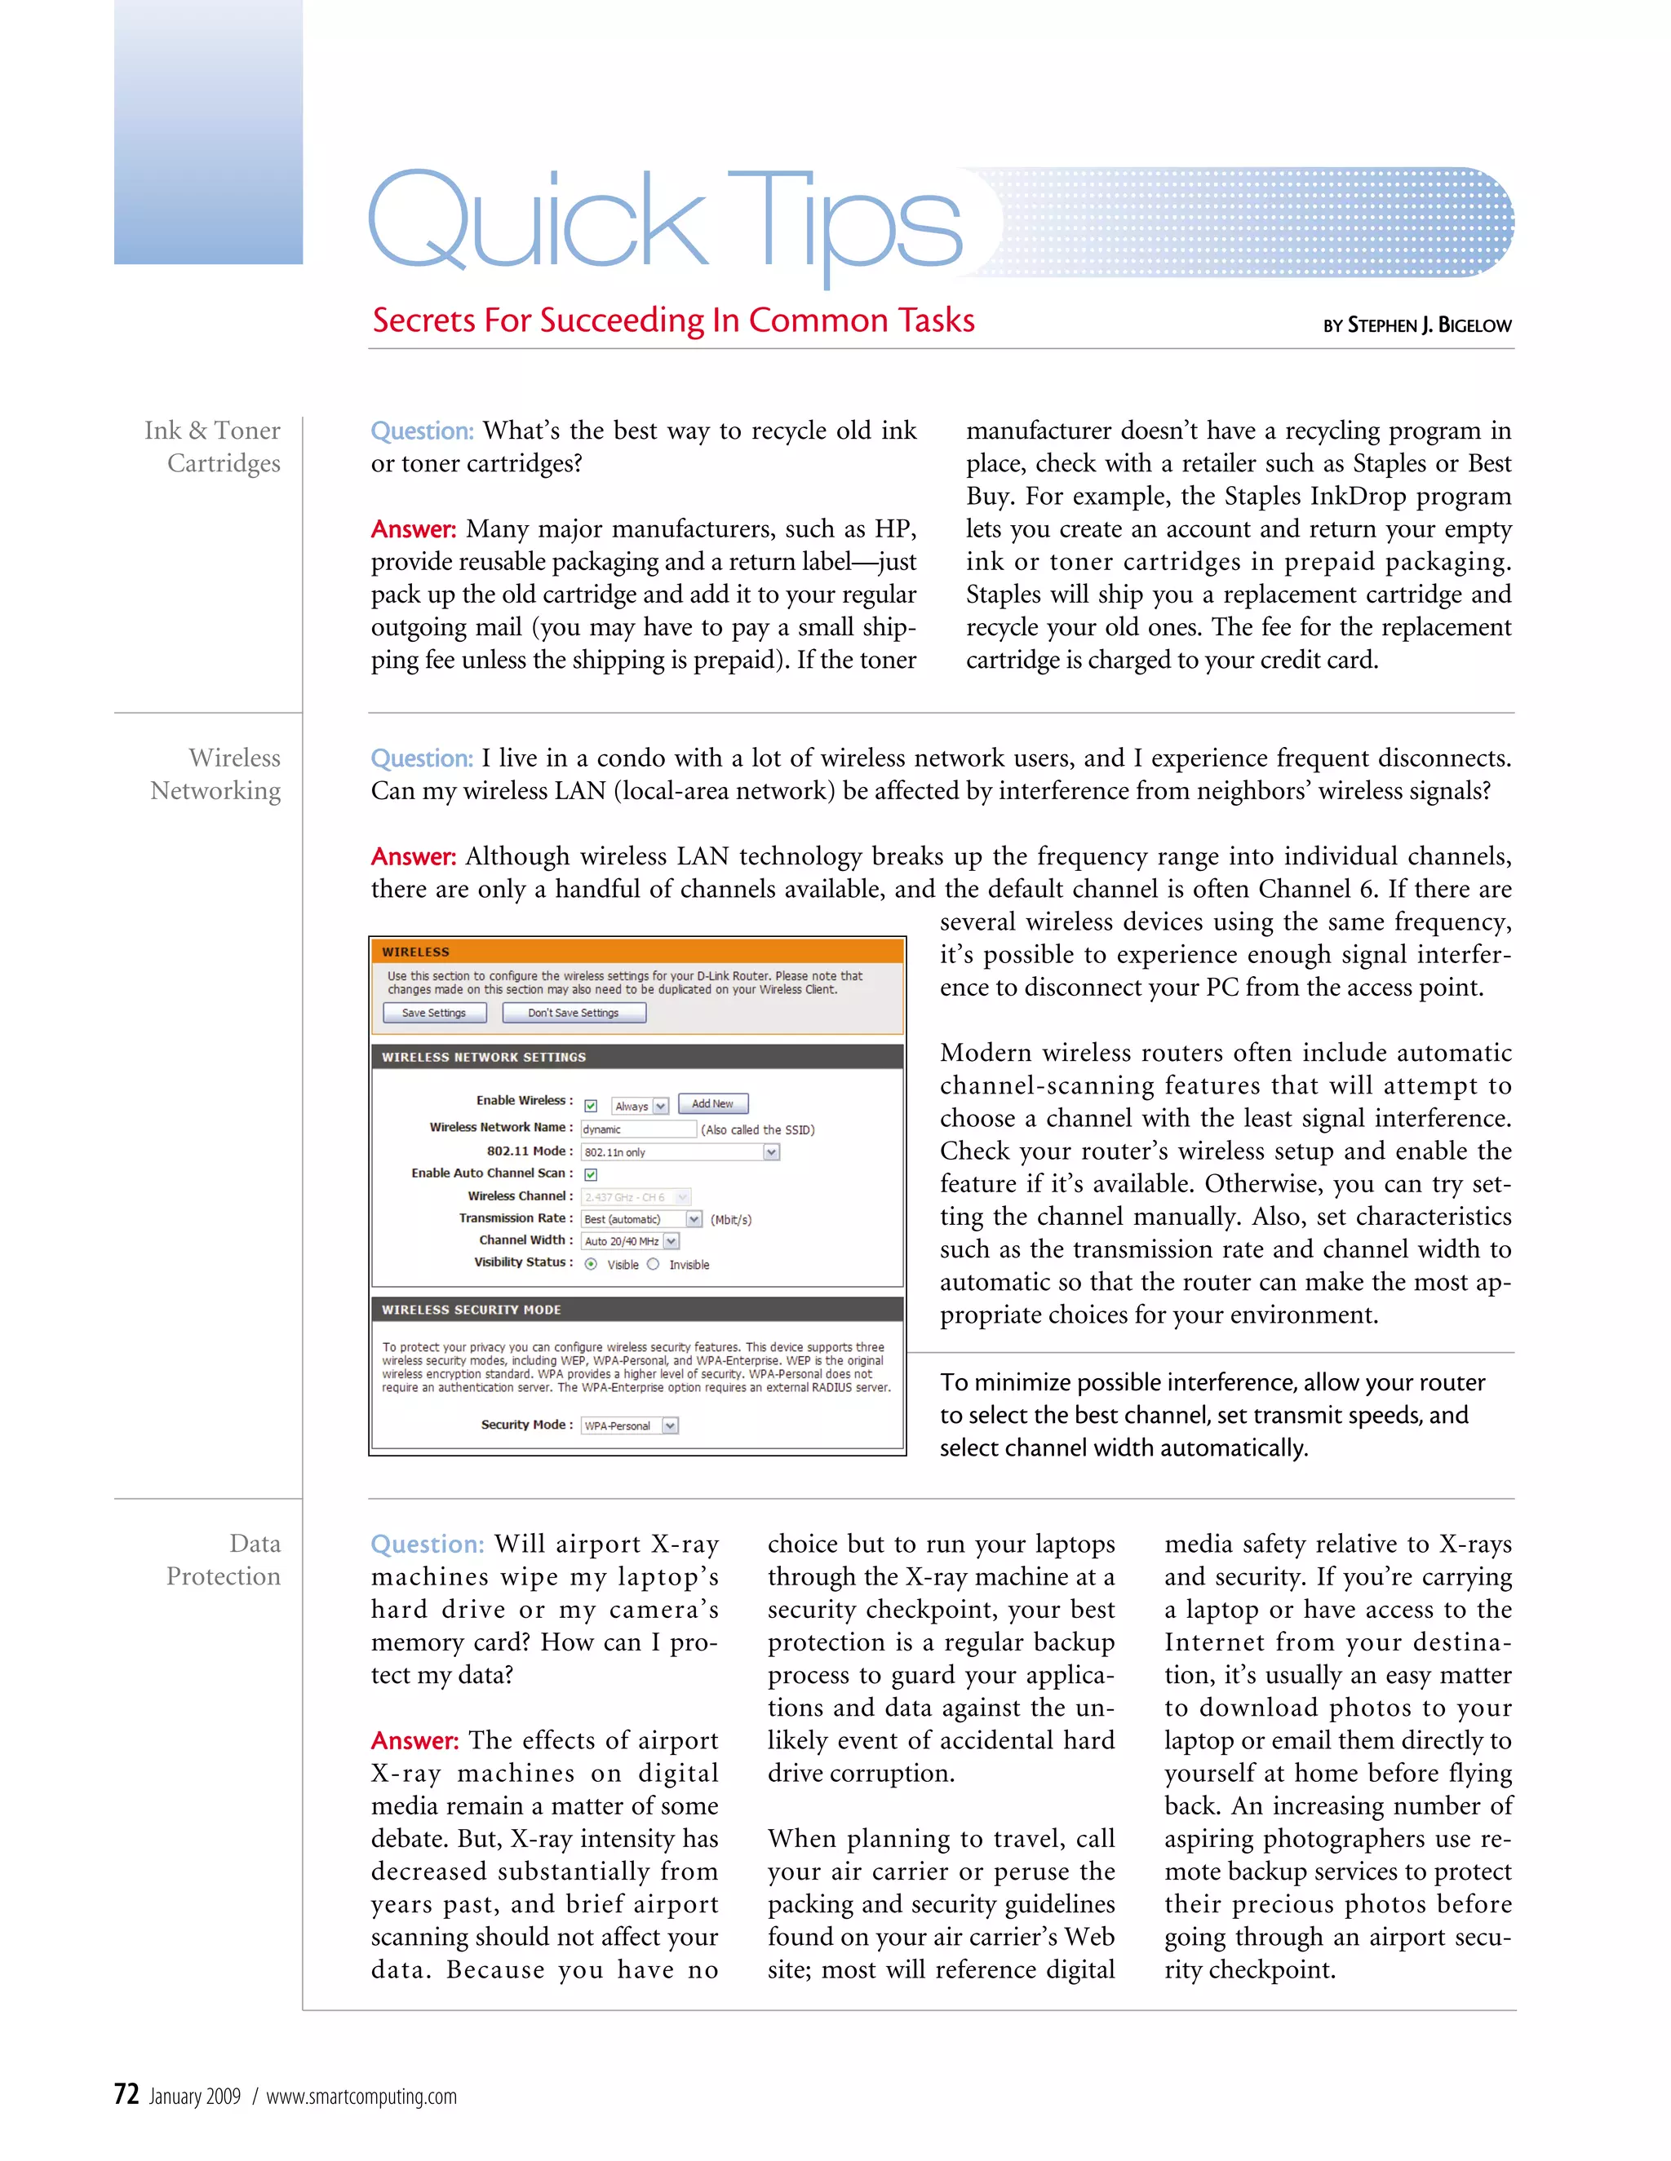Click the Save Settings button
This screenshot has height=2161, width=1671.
pyautogui.click(x=433, y=1012)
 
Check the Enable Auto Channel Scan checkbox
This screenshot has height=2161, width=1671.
pyautogui.click(x=591, y=1174)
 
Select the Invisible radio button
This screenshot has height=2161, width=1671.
pyautogui.click(x=654, y=1265)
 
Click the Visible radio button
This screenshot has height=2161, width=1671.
pyautogui.click(x=591, y=1265)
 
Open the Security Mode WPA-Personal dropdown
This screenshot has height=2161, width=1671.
pyautogui.click(x=630, y=1425)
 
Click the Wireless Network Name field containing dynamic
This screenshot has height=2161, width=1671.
pyautogui.click(x=639, y=1129)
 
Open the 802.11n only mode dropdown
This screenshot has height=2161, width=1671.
pyautogui.click(x=680, y=1151)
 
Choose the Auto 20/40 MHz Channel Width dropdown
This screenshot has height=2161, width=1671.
pyautogui.click(x=631, y=1241)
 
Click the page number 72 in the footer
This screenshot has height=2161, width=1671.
pyautogui.click(x=126, y=2095)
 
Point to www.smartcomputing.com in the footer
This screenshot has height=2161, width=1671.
pyautogui.click(x=361, y=2097)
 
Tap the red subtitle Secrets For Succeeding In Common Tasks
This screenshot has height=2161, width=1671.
pyautogui.click(x=673, y=320)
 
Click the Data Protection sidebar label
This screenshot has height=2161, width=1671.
pyautogui.click(x=224, y=1560)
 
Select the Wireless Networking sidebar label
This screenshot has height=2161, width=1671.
pyautogui.click(x=215, y=775)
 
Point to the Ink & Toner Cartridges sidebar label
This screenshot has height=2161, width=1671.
pyautogui.click(x=213, y=447)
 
